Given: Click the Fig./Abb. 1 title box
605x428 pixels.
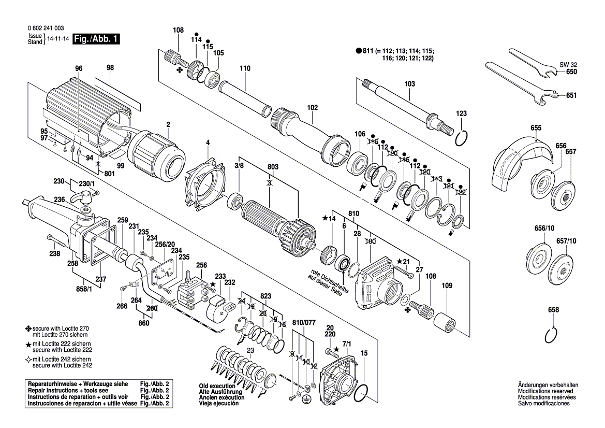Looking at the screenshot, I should tap(96, 39).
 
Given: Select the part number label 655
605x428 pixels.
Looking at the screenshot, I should tap(536, 128).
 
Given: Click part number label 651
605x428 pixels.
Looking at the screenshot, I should tap(571, 96).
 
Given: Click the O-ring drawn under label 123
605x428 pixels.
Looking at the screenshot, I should tap(462, 138).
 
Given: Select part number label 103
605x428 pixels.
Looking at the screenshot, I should tap(409, 84).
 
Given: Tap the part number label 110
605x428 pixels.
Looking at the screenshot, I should tap(245, 68).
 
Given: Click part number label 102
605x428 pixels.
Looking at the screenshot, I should tap(313, 108).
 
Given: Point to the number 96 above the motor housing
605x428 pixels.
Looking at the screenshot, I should tap(79, 68).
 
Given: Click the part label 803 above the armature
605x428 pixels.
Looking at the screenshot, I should tap(273, 167).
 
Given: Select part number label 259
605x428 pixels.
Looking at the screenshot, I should tap(122, 219).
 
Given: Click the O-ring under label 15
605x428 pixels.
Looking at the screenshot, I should tap(363, 393).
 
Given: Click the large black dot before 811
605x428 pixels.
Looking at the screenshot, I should tap(358, 51).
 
